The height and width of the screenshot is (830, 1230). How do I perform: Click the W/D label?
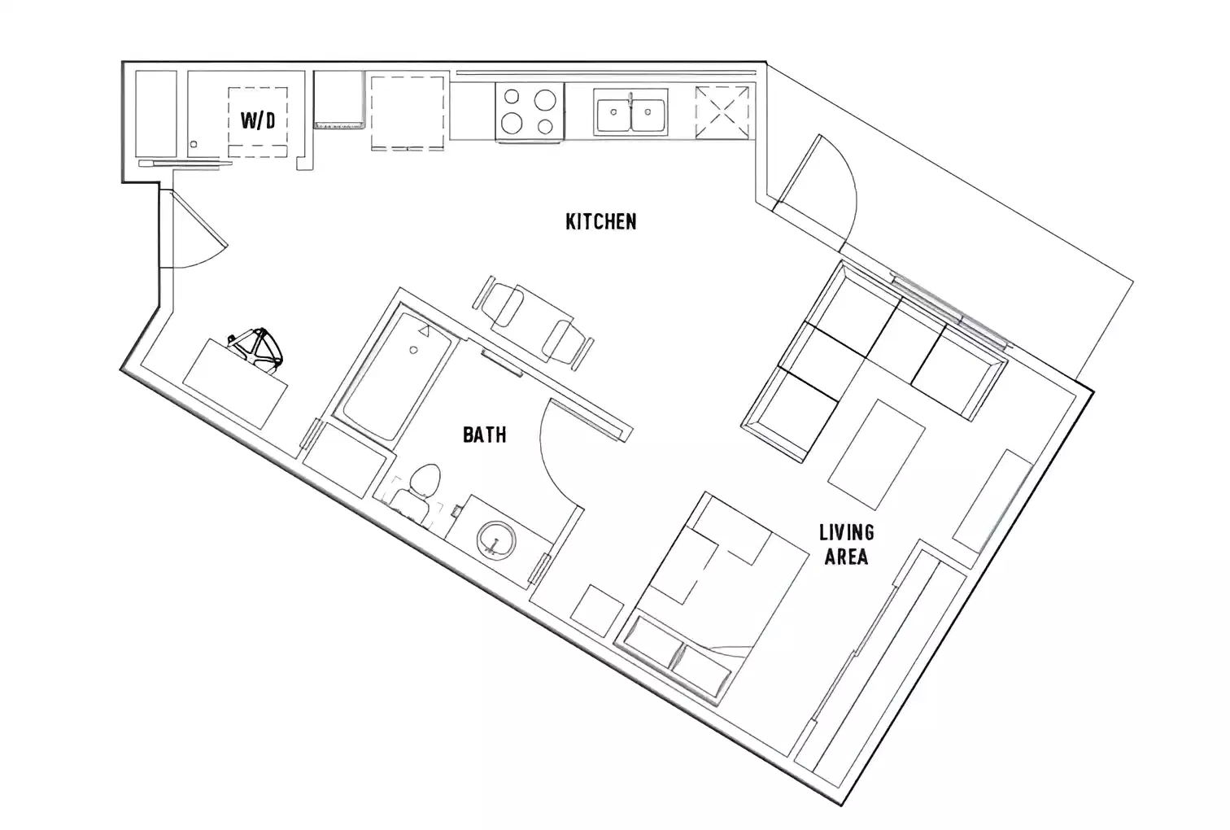click(x=257, y=121)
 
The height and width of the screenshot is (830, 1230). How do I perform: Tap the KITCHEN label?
click(x=600, y=221)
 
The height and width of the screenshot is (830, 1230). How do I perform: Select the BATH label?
click(x=484, y=435)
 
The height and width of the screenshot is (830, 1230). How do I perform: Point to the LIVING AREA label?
click(x=845, y=544)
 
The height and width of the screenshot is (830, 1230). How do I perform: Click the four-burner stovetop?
click(x=530, y=111)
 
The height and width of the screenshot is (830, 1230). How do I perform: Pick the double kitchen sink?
click(x=631, y=113)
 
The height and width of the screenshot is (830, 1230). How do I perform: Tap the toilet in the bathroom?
click(x=418, y=488)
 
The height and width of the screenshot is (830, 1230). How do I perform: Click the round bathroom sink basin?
click(x=495, y=538)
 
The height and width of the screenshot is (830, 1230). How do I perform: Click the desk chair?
click(x=257, y=349)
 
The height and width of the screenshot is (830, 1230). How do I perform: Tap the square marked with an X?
click(x=722, y=112)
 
